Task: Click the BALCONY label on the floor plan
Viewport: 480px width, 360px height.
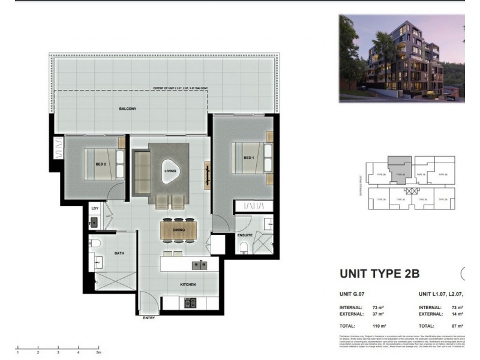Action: pos(127,109)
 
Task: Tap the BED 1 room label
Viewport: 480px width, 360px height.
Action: pos(249,158)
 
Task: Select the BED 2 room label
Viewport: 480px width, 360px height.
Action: pos(100,164)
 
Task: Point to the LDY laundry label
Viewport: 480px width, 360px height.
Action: pos(94,208)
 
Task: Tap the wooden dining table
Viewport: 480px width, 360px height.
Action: pos(178,229)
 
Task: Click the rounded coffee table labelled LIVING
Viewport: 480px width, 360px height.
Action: pos(170,171)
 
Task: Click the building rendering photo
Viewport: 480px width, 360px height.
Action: pos(401,58)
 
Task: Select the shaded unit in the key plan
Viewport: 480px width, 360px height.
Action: pos(399,169)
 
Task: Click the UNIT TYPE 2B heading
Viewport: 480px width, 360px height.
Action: pos(379,274)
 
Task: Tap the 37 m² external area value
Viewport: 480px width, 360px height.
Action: pos(377,313)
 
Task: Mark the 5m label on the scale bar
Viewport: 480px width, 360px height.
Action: pos(98,353)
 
